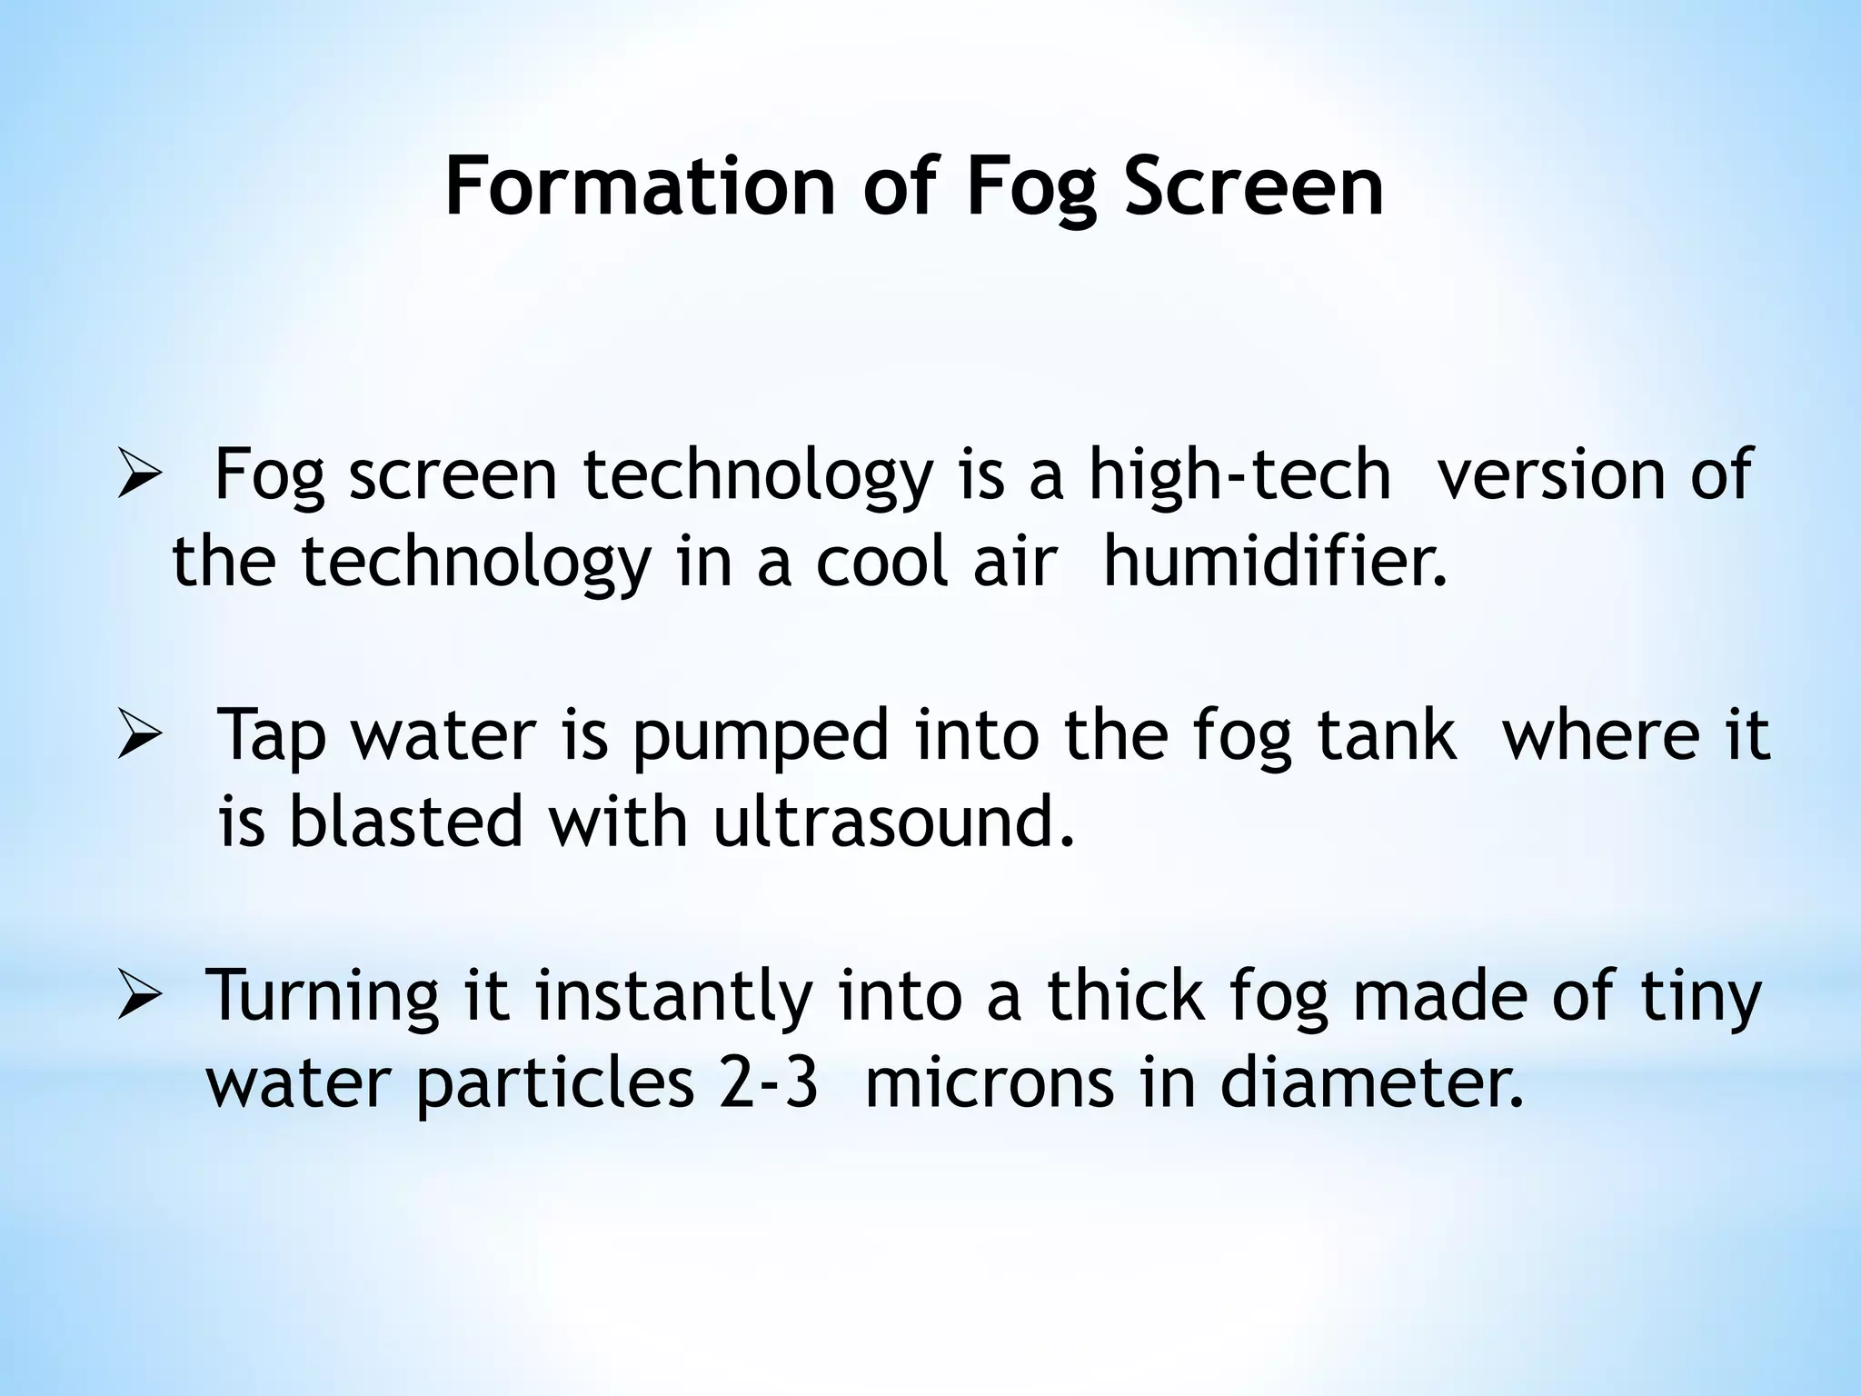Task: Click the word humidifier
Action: (x=1274, y=562)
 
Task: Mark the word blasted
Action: (x=406, y=822)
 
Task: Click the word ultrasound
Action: (x=893, y=822)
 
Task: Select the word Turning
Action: (x=323, y=998)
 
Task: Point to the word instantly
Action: (x=673, y=998)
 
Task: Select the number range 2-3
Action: (x=769, y=1083)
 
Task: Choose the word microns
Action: (x=990, y=1083)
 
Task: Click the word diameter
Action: (x=1371, y=1083)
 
